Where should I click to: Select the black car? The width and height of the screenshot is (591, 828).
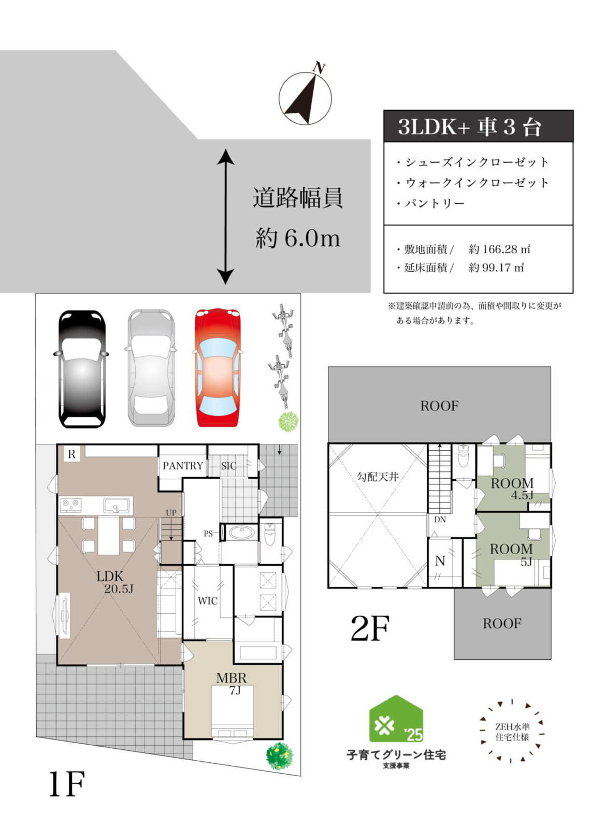pyautogui.click(x=81, y=368)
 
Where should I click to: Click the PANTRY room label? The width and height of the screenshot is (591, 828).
pyautogui.click(x=183, y=466)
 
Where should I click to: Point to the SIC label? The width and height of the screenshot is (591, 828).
pyautogui.click(x=228, y=466)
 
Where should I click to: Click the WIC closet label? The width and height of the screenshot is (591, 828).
pyautogui.click(x=208, y=601)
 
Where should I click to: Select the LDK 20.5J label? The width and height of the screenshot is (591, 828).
pyautogui.click(x=114, y=582)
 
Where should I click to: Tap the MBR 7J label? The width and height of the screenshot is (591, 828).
pyautogui.click(x=231, y=682)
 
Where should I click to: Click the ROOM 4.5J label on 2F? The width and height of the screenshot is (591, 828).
pyautogui.click(x=512, y=488)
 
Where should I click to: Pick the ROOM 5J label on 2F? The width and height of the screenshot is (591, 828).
pyautogui.click(x=512, y=554)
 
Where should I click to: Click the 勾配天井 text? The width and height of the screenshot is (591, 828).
pyautogui.click(x=378, y=477)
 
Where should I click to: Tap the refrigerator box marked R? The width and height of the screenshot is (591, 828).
pyautogui.click(x=71, y=454)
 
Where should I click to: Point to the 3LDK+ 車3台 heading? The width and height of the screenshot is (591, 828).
pyautogui.click(x=478, y=127)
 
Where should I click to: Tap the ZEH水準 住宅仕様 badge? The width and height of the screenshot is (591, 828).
pyautogui.click(x=512, y=732)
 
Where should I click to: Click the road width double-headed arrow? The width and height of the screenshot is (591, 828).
pyautogui.click(x=225, y=217)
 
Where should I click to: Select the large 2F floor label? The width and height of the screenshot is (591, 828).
pyautogui.click(x=369, y=628)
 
